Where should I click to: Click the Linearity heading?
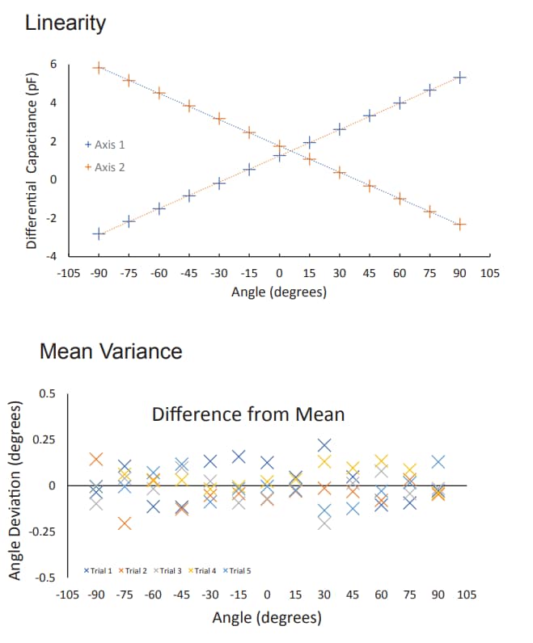tap(65, 23)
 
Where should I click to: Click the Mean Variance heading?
tap(111, 351)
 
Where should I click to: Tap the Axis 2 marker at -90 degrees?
tap(99, 68)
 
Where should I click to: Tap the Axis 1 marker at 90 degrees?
tap(460, 77)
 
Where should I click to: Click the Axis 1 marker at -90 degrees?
tap(99, 233)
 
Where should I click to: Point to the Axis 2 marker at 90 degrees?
tap(460, 225)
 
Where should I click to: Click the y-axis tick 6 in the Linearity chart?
tap(53, 65)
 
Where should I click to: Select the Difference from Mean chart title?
tap(248, 415)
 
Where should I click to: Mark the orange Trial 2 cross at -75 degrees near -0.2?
tap(124, 523)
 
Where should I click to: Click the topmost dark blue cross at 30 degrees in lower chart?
tap(324, 445)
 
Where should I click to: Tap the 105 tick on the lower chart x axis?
tap(467, 595)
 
